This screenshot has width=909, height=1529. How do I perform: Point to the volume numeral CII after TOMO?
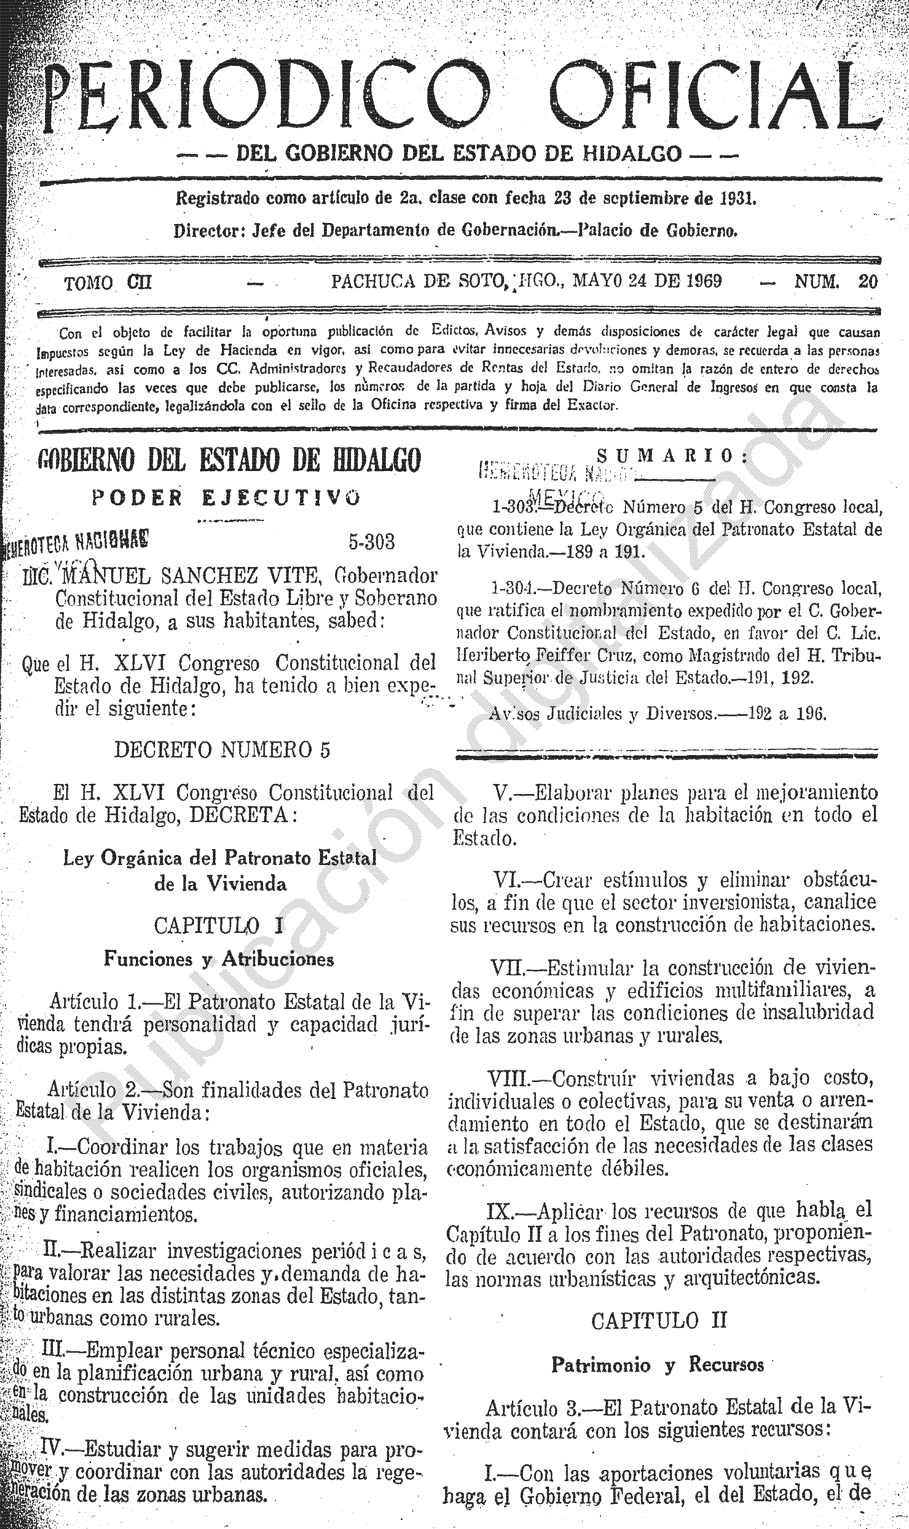pyautogui.click(x=139, y=283)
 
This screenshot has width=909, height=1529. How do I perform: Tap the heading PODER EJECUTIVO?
pyautogui.click(x=226, y=498)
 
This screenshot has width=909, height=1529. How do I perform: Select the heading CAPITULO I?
pyautogui.click(x=219, y=925)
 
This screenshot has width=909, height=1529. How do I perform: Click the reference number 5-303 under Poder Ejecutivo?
pyautogui.click(x=371, y=542)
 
